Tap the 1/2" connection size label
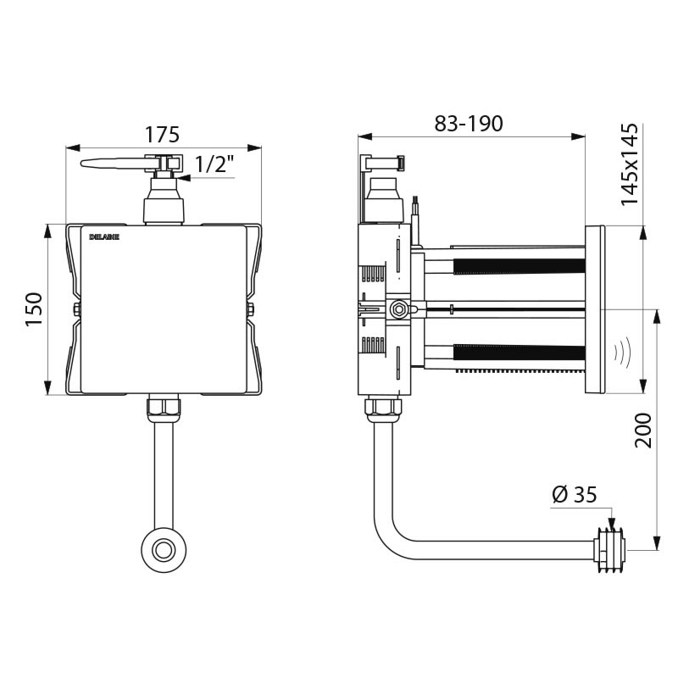point(213,164)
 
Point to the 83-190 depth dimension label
point(469,123)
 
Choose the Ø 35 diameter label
point(574,495)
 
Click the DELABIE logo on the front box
point(104,237)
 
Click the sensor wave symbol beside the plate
point(622,350)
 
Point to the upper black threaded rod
point(519,265)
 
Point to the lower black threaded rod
point(519,353)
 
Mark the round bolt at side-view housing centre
point(397,309)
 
